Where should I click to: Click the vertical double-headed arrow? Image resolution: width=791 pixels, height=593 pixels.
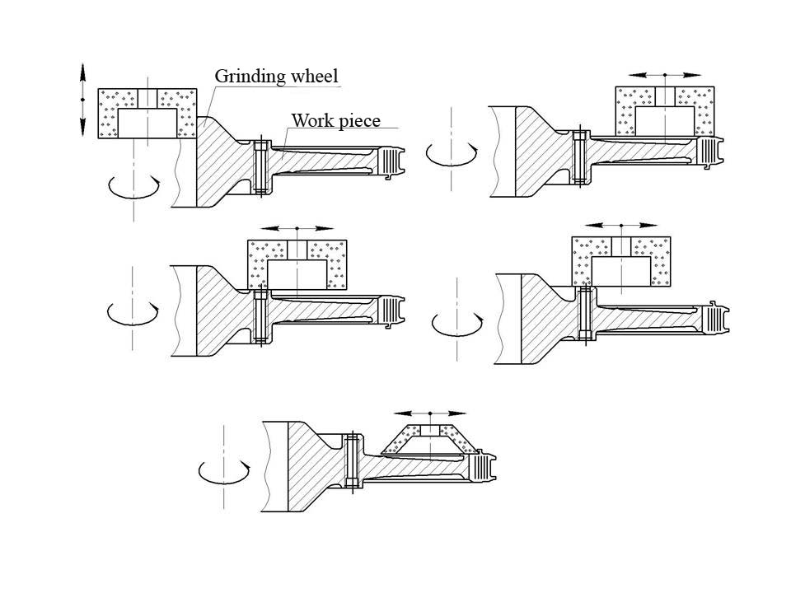82,100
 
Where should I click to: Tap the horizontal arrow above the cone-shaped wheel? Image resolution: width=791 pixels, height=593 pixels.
429,413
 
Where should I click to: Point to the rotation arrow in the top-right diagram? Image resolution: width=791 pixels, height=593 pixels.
451,153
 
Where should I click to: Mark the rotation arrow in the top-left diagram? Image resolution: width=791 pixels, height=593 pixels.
134,187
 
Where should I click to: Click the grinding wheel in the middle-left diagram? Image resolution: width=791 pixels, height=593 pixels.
297,264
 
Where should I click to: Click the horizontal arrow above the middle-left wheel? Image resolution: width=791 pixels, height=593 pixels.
297,228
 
